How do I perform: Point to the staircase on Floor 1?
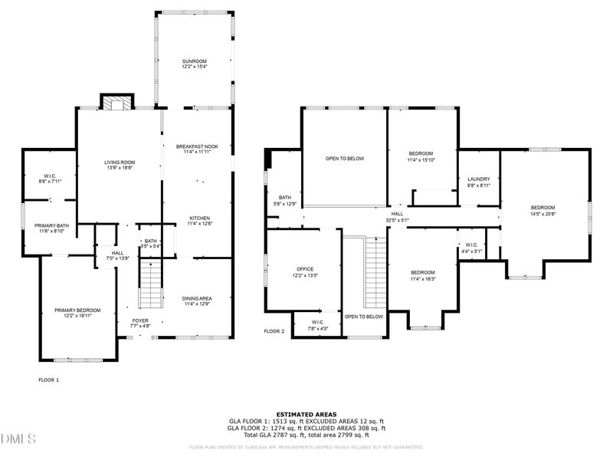click(151, 284)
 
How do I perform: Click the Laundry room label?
click(478, 182)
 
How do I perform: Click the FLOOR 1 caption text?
click(48, 379)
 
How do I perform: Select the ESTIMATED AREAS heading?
click(306, 414)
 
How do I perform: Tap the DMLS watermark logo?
click(18, 439)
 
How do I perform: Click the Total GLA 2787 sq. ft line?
click(306, 435)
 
